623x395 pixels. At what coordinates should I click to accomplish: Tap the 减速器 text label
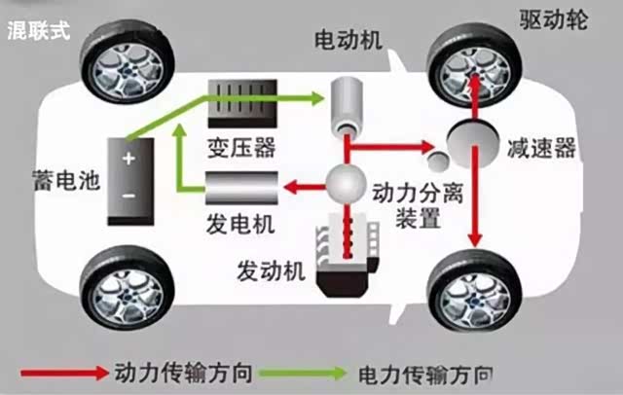coord(542,148)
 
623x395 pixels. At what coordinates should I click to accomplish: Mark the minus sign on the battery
coord(128,196)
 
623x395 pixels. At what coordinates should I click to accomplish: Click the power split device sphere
coord(347,181)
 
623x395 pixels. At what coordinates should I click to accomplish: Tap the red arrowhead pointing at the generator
coord(289,182)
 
